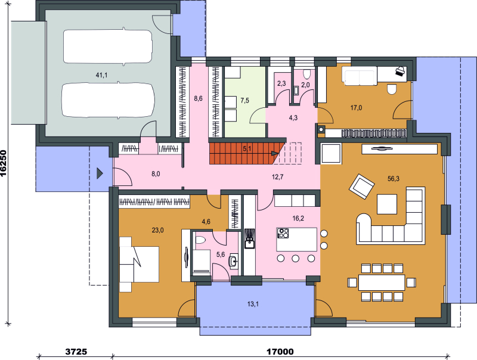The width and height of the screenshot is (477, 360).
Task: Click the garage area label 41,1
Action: [x=101, y=75]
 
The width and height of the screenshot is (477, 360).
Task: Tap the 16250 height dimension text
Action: [x=4, y=163]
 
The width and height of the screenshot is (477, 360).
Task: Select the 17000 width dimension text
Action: [x=280, y=352]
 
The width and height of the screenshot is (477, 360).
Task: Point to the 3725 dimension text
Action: [x=76, y=352]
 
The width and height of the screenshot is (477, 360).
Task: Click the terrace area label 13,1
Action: [x=253, y=304]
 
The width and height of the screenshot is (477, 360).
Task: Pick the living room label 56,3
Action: [x=394, y=179]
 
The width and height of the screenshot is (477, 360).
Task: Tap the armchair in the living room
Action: [x=362, y=187]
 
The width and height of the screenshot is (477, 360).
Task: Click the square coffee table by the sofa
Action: [x=387, y=204]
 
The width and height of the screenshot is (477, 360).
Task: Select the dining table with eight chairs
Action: [x=382, y=283]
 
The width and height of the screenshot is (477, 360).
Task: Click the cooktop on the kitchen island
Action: [x=283, y=233]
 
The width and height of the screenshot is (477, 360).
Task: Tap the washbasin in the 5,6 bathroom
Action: [x=234, y=261]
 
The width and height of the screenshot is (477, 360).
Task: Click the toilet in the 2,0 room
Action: [x=307, y=73]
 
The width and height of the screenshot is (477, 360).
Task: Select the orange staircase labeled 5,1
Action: [x=246, y=153]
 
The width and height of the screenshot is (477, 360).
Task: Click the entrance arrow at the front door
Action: [x=100, y=173]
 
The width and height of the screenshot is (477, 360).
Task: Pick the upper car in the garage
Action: [x=108, y=46]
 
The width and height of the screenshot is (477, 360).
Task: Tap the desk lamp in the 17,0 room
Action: [x=400, y=72]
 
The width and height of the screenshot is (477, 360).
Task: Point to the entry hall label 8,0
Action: [x=156, y=174]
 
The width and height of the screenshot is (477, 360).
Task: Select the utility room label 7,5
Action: [x=244, y=100]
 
